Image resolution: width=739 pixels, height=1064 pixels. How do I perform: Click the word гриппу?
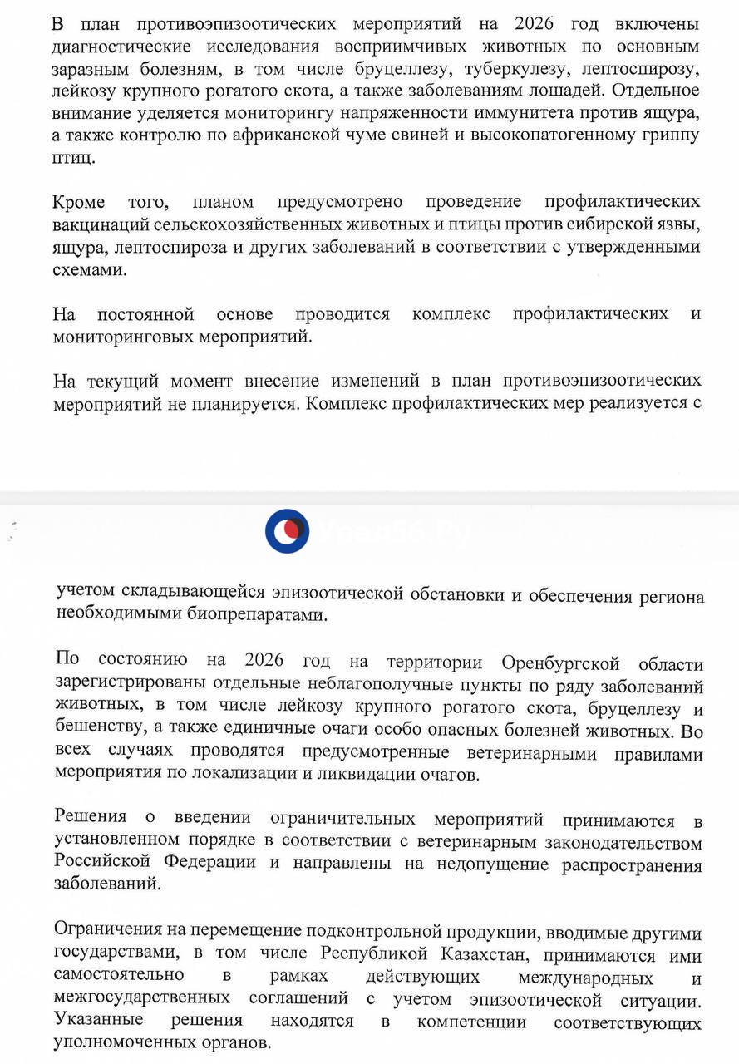(663, 135)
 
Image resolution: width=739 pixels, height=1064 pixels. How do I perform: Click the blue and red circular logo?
(287, 531)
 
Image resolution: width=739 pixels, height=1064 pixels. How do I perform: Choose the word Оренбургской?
(561, 663)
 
